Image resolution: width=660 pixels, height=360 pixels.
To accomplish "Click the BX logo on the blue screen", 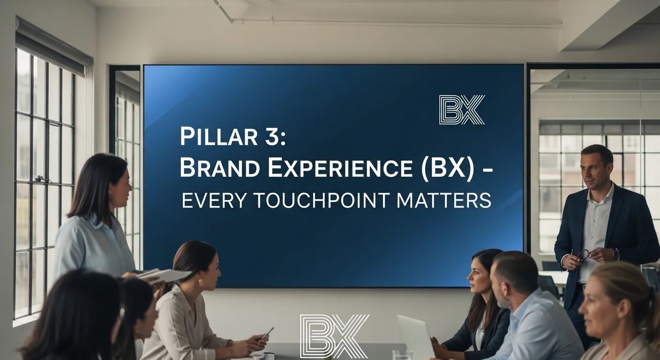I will coord(462,110).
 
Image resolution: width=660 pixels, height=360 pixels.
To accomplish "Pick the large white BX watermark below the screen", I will coord(334,337).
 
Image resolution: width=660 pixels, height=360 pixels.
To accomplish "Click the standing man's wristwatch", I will coord(615,254).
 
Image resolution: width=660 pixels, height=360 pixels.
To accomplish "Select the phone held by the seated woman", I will coord(266,334).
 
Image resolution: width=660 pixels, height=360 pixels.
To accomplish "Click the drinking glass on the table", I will coord(402,355).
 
